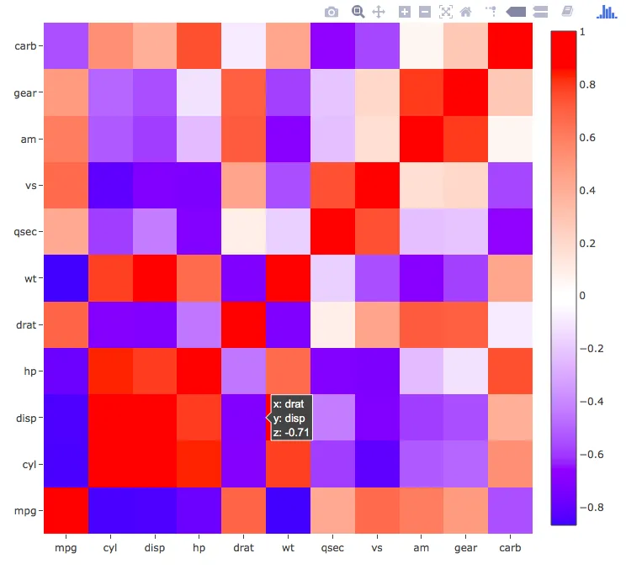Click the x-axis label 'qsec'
coord(332,549)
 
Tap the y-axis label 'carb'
coord(24,45)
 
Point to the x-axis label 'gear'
coord(465,549)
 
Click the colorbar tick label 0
coord(582,295)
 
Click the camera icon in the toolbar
coord(332,12)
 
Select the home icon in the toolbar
coord(465,12)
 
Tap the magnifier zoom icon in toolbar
coord(358,12)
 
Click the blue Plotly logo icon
coord(607,12)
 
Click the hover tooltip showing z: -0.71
coord(291,418)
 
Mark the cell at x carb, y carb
coord(510,45)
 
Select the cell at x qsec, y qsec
coord(332,231)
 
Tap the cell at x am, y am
coord(422,139)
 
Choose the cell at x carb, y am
coord(510,139)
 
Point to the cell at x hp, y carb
coord(199,45)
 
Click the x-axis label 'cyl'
coord(110,549)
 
